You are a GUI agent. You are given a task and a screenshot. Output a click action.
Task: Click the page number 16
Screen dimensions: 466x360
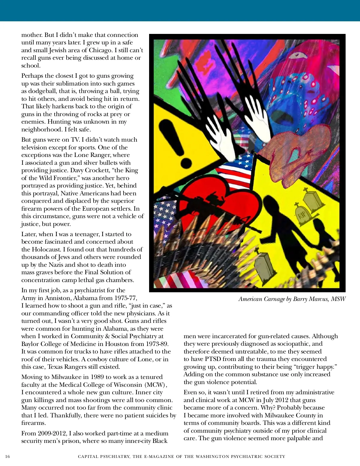click(7, 457)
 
